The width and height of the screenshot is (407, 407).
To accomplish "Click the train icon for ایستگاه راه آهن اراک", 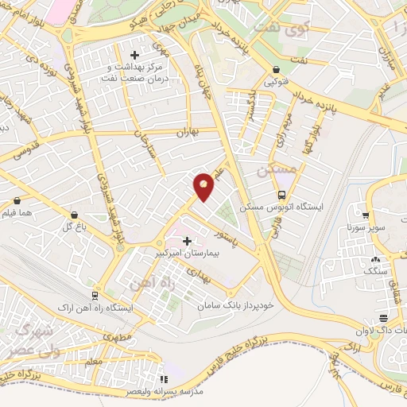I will (95, 294).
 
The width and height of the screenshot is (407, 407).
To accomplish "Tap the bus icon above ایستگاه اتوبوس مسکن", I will (281, 195).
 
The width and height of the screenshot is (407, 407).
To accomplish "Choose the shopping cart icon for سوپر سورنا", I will (365, 215).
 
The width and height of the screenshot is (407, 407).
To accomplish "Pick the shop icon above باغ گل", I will (74, 215).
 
